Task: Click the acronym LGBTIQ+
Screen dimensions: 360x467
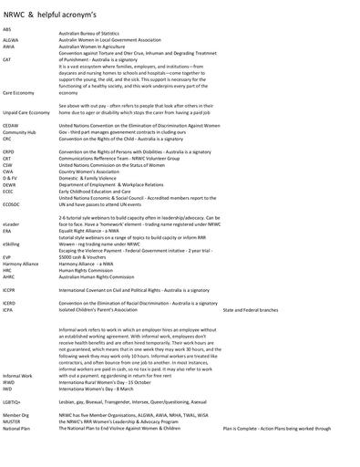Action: pos(13,401)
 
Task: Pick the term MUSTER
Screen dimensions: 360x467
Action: pos(13,421)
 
